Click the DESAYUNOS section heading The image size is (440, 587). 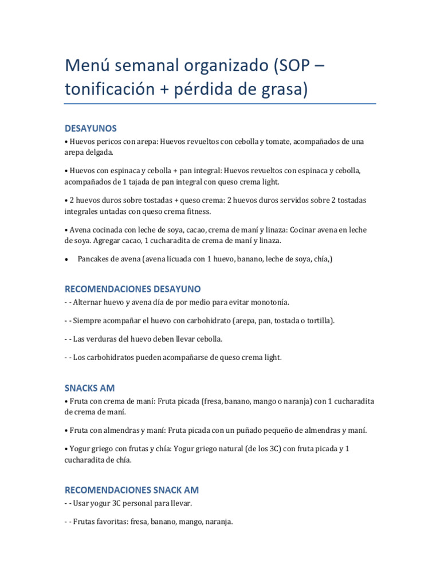(x=91, y=128)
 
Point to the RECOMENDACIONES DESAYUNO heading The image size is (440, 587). (x=132, y=288)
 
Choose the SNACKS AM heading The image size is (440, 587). (x=90, y=388)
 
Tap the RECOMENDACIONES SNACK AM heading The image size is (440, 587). (x=132, y=490)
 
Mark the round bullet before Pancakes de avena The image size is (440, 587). (x=67, y=260)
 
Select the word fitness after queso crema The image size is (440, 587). (x=197, y=211)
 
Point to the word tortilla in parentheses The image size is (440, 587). (x=320, y=320)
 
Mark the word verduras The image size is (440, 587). (x=100, y=339)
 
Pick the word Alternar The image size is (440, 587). (x=87, y=302)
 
